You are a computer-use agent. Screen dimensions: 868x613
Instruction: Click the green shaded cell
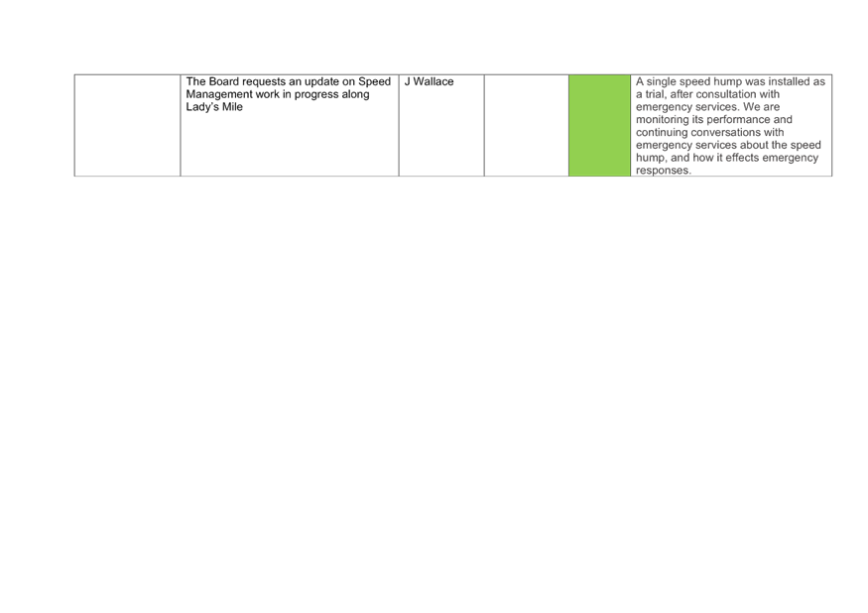tap(599, 126)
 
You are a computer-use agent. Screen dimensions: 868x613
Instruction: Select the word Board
tap(224, 81)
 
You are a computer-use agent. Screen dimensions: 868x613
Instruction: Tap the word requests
tap(264, 82)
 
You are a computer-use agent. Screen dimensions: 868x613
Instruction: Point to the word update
tap(321, 82)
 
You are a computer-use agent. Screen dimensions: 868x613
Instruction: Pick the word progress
tap(316, 95)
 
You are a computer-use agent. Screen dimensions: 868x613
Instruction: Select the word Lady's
tap(202, 107)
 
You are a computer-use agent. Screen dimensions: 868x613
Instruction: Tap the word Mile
tap(232, 107)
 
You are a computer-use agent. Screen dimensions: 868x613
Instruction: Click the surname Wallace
tap(434, 81)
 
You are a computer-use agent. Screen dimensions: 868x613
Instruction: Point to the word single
tap(661, 82)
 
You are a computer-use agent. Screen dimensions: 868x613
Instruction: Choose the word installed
tap(789, 81)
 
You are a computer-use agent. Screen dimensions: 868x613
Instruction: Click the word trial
tap(656, 94)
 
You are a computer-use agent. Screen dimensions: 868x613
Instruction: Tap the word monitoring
tap(662, 120)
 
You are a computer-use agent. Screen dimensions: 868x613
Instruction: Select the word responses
tap(664, 171)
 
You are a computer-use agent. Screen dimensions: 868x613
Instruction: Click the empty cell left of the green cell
tap(527, 126)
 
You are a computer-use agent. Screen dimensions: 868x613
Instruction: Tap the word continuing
tap(663, 133)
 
